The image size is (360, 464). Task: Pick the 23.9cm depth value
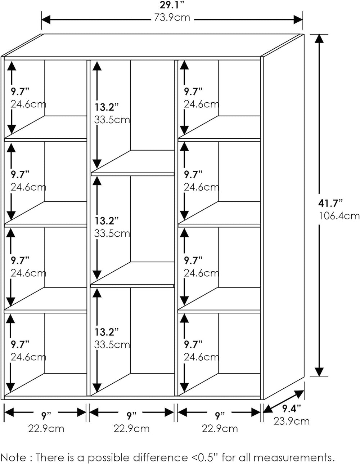pyautogui.click(x=291, y=420)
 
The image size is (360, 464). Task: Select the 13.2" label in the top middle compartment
pyautogui.click(x=107, y=107)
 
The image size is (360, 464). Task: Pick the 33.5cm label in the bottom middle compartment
pyautogui.click(x=112, y=344)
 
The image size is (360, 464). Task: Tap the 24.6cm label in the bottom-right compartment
pyautogui.click(x=201, y=357)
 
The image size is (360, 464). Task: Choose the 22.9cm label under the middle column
pyautogui.click(x=131, y=428)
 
